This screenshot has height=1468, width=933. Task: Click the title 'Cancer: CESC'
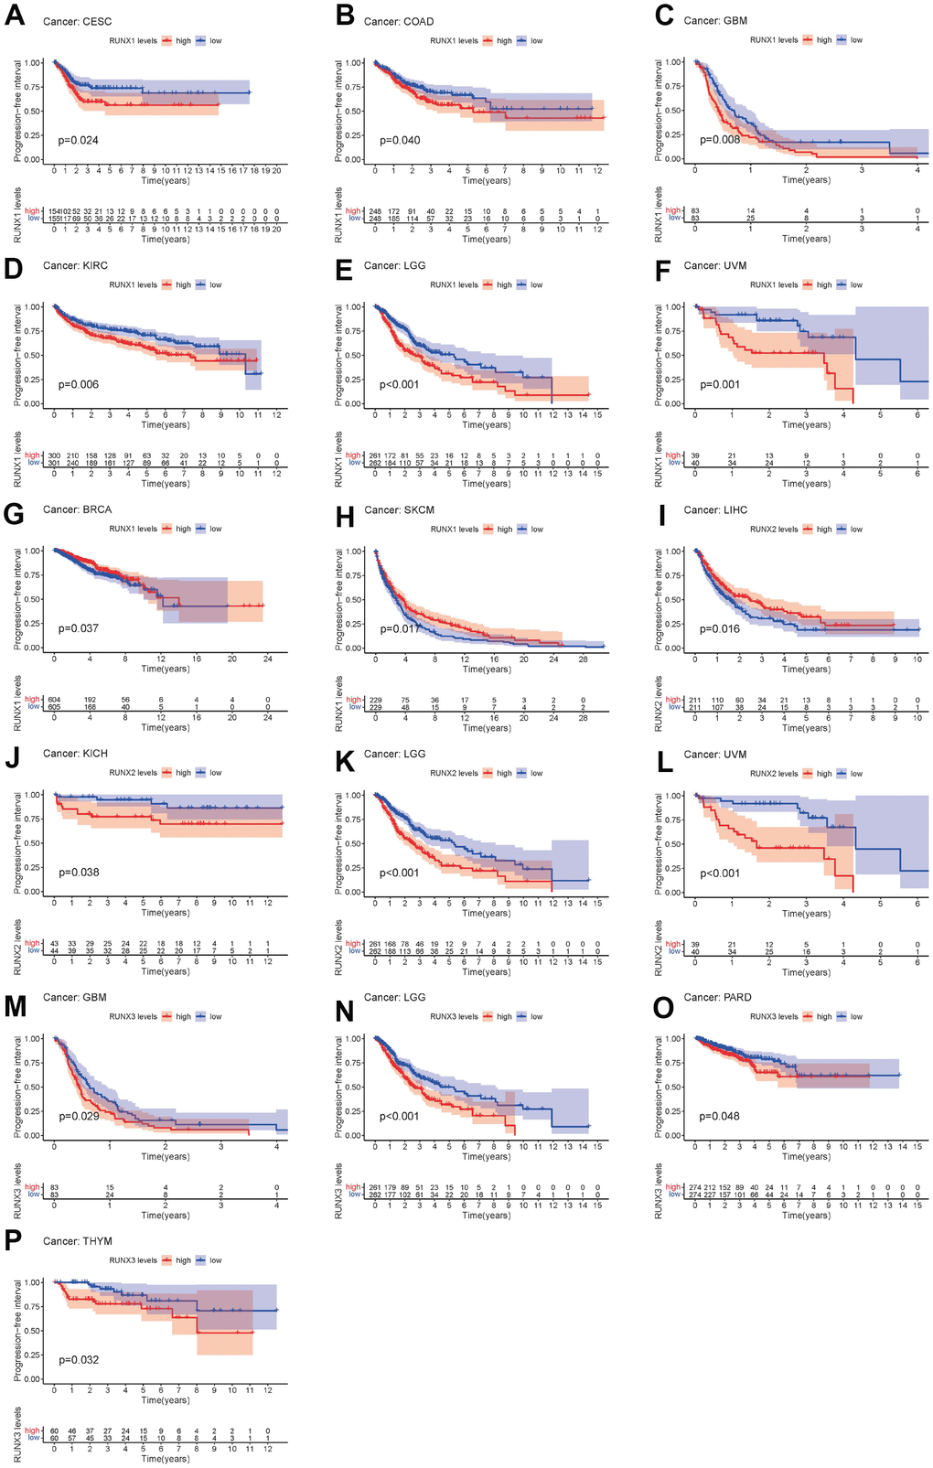pyautogui.click(x=78, y=22)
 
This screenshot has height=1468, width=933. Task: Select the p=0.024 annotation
pyautogui.click(x=79, y=140)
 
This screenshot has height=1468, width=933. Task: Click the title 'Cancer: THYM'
pyautogui.click(x=78, y=1241)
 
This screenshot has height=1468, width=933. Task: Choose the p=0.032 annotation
pyautogui.click(x=79, y=1360)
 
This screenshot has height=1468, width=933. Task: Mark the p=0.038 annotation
pyautogui.click(x=79, y=873)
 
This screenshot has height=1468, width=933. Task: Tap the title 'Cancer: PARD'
pyautogui.click(x=718, y=998)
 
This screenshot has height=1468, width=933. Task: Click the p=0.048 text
pyautogui.click(x=720, y=1116)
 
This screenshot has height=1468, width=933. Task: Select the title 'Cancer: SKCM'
pyautogui.click(x=399, y=509)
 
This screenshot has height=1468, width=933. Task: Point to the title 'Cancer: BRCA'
pyautogui.click(x=78, y=509)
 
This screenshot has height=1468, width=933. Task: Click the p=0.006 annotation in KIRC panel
pyautogui.click(x=79, y=384)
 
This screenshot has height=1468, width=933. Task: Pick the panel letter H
pyautogui.click(x=344, y=519)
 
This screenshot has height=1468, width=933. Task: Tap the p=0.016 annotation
pyautogui.click(x=720, y=628)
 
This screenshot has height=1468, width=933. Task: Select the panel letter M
pyautogui.click(x=15, y=1007)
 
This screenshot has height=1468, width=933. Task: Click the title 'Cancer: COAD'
pyautogui.click(x=399, y=22)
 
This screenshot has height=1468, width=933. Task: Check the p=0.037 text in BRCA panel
pyautogui.click(x=79, y=628)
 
